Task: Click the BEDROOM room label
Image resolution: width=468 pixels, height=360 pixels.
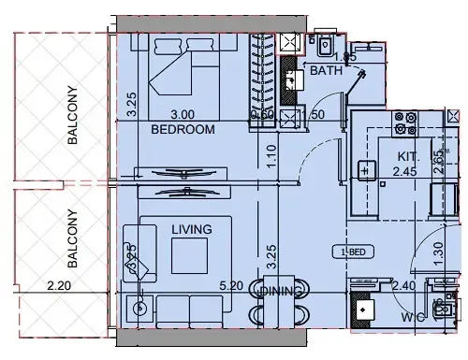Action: pyautogui.click(x=183, y=129)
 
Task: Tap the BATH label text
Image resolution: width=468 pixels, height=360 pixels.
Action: pyautogui.click(x=327, y=70)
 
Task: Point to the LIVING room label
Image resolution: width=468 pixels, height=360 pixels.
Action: pyautogui.click(x=191, y=229)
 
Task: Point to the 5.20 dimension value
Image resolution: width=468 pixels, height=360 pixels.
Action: pyautogui.click(x=230, y=287)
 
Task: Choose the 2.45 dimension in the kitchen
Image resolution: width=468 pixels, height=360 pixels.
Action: pyautogui.click(x=404, y=172)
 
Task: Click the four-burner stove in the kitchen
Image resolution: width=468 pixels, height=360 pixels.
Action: pyautogui.click(x=404, y=121)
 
